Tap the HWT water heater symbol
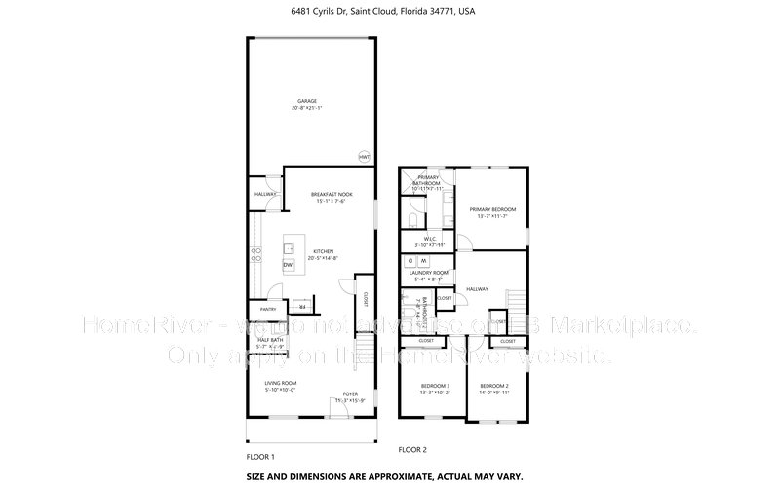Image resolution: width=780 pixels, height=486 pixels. pos(364,156)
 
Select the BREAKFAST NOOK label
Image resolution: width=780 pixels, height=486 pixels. pos(331,194)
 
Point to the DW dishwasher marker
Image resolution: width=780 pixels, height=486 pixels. pos(288,265)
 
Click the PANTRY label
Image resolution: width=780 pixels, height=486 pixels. pos(268,309)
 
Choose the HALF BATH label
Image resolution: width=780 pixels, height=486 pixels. pos(270,339)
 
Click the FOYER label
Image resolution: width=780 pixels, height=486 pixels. pos(348,394)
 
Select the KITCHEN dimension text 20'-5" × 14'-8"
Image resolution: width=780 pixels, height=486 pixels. pos(323,258)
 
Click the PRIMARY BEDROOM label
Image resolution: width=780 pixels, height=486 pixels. pos(491,209)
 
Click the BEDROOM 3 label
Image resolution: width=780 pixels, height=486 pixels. pos(435,387)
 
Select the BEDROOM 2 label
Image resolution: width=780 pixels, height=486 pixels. pos(493,387)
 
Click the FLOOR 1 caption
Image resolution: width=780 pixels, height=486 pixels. pos(260,456)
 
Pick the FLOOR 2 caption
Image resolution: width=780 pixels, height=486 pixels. pos(412,449)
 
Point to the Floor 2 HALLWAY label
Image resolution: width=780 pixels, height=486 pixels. pos(477,288)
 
